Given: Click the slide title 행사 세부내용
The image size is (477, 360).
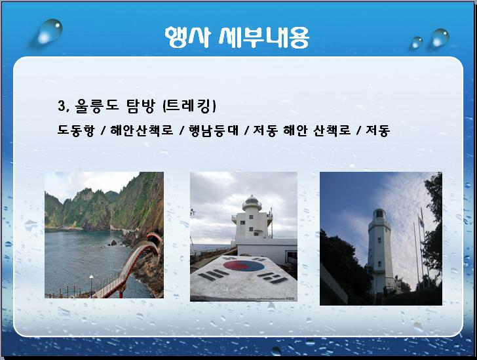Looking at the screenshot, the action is [x=237, y=37].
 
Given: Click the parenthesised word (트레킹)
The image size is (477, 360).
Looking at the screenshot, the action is [x=189, y=106].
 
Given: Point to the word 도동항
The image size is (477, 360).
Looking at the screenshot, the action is [x=76, y=130].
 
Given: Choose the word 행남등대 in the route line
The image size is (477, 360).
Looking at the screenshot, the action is [x=214, y=130].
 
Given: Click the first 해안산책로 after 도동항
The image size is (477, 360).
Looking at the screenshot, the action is [x=142, y=130].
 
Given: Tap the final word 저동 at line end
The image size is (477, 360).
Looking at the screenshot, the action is [x=377, y=130].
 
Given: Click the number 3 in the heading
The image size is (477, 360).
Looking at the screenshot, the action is [x=62, y=106].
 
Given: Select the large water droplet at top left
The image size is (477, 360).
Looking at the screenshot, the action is [x=50, y=31].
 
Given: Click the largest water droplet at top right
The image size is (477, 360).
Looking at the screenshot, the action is [x=440, y=38].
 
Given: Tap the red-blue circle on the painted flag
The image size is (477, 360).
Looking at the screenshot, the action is [x=244, y=266].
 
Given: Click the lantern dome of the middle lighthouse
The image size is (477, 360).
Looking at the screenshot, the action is [x=252, y=200].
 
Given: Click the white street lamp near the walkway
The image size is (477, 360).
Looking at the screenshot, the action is [x=91, y=284].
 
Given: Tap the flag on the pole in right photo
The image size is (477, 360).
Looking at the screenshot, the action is [x=421, y=221].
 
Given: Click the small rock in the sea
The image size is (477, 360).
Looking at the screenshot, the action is [x=113, y=243].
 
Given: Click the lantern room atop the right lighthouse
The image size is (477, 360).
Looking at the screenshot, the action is [x=379, y=214].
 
